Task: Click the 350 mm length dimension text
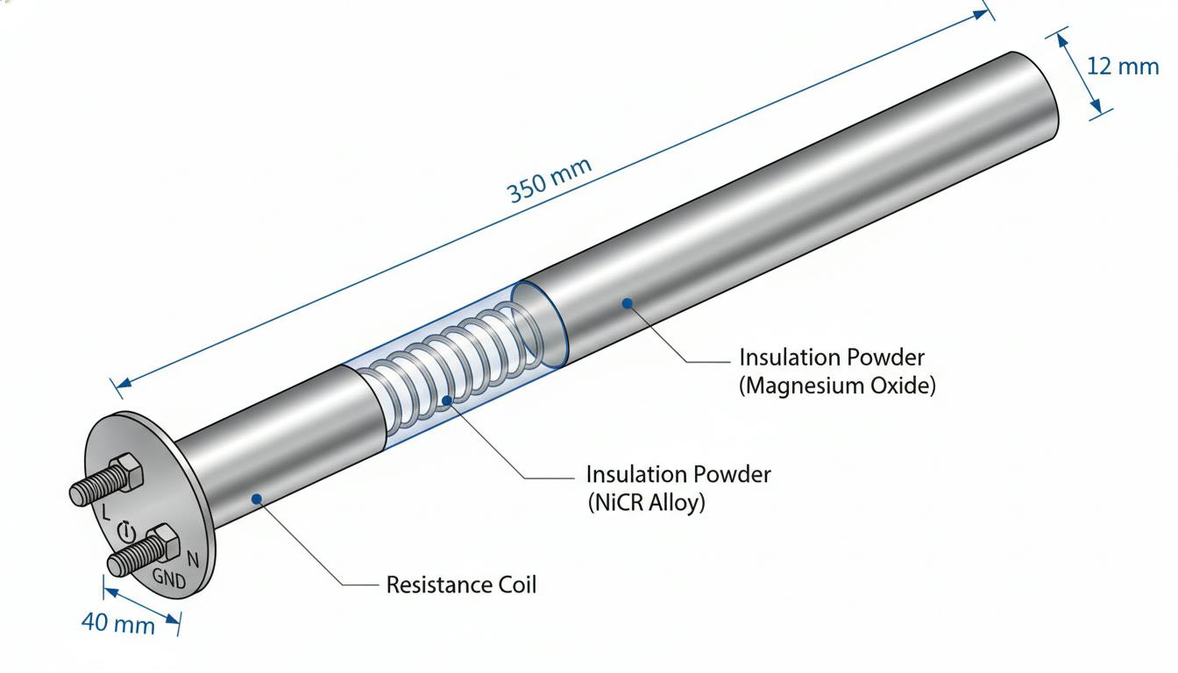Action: pyautogui.click(x=550, y=181)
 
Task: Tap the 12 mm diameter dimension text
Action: pyautogui.click(x=1122, y=67)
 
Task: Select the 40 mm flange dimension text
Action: pyautogui.click(x=118, y=623)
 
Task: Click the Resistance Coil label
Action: pyautogui.click(x=461, y=584)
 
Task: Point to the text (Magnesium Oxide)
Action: pyautogui.click(x=837, y=386)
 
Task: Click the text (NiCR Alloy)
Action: pyautogui.click(x=646, y=503)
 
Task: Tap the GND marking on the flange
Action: pyautogui.click(x=169, y=578)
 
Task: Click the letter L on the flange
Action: pyautogui.click(x=106, y=512)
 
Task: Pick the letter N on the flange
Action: pyautogui.click(x=193, y=559)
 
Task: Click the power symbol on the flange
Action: pyautogui.click(x=126, y=532)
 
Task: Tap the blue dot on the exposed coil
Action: pyautogui.click(x=446, y=401)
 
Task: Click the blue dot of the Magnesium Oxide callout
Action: pyautogui.click(x=627, y=303)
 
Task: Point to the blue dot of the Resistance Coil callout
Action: pyautogui.click(x=257, y=499)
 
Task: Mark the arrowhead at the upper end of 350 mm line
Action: pyautogui.click(x=982, y=14)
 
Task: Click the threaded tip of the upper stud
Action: pyautogui.click(x=77, y=495)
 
